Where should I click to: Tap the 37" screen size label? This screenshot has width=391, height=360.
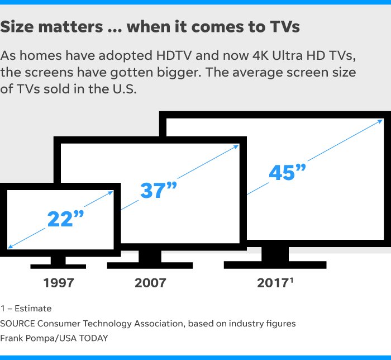coord(158,191)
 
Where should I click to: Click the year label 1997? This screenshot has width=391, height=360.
coord(59,282)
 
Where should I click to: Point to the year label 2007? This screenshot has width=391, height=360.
coord(150,282)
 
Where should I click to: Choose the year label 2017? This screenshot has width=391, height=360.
coord(273,282)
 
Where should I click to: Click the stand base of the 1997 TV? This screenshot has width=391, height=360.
coord(58,266)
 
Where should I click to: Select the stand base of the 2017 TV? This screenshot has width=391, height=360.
coord(275,264)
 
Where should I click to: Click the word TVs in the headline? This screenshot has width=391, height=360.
coord(280,26)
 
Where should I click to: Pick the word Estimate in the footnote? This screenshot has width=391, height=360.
coord(33,309)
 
